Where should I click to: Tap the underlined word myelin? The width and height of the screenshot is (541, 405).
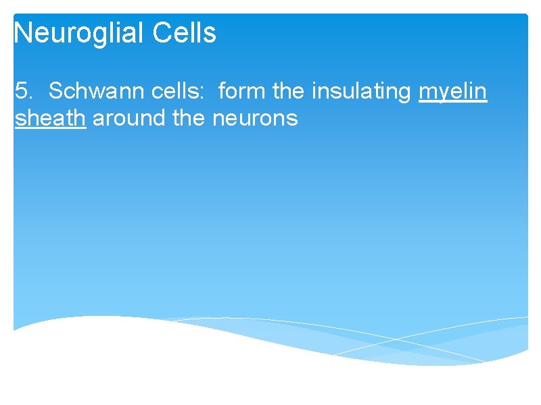point(452,90)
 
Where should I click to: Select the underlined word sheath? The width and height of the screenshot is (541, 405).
point(49,118)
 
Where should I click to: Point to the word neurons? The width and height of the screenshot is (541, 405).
point(255,118)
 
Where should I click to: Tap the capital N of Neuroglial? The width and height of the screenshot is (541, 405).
point(22,33)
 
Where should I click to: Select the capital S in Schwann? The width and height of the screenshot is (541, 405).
point(55,90)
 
